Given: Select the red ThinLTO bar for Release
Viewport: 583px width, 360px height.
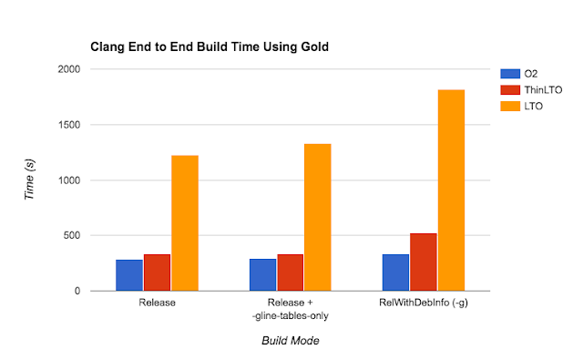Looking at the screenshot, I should pos(157,273).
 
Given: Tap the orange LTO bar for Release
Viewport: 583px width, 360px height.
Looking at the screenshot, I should pos(185,223).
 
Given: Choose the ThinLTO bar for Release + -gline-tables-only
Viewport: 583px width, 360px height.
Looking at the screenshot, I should pos(291,273).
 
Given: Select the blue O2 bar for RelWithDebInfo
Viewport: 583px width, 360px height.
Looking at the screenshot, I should pos(395,273).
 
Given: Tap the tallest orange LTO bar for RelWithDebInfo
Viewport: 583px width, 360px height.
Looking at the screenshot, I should pos(452,190).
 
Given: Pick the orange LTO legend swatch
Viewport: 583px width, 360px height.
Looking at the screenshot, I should pos(506,107).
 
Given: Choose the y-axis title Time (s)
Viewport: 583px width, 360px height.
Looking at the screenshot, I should pos(29,181).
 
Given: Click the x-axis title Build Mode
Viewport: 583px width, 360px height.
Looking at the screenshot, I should pos(291,341).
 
